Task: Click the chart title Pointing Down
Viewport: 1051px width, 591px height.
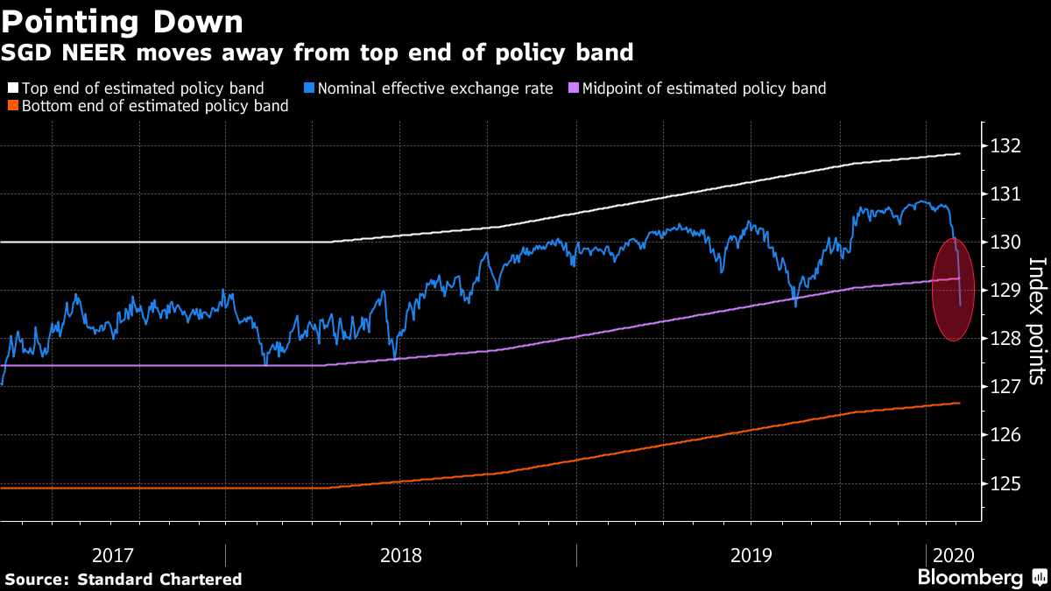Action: [x=123, y=20]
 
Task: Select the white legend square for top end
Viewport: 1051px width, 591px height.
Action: [x=12, y=88]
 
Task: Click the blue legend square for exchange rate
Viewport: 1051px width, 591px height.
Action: [x=309, y=88]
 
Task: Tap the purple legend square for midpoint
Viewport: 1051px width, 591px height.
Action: [x=573, y=88]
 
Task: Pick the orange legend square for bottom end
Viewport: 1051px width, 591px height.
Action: [x=12, y=107]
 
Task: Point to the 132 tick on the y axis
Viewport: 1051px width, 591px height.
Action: [x=1008, y=145]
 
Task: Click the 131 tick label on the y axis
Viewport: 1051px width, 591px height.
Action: [x=1008, y=193]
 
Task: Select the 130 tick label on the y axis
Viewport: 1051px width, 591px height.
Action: [x=1008, y=242]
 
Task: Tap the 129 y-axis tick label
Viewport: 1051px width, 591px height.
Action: [x=1008, y=290]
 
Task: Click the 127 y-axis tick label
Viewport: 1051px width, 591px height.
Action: [x=1008, y=386]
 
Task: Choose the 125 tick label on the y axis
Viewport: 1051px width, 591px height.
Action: [x=1008, y=483]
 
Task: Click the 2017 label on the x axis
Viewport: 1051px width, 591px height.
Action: [x=112, y=555]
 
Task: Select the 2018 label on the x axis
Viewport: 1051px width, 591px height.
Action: [x=401, y=555]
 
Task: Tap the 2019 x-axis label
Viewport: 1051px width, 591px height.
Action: [x=751, y=555]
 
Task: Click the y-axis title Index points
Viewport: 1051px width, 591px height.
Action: [x=1036, y=320]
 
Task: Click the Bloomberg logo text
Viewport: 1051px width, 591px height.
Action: [x=970, y=578]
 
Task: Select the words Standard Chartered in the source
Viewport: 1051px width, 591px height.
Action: [x=159, y=579]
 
